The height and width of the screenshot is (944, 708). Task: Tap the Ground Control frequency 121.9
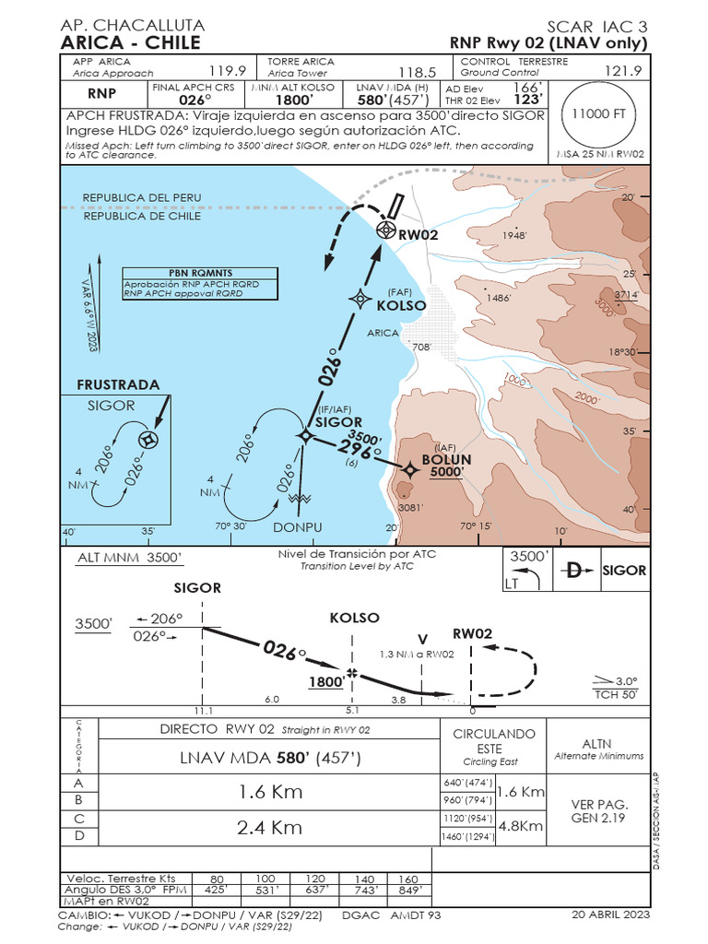click(622, 71)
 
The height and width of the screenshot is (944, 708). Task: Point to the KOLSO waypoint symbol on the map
click(360, 299)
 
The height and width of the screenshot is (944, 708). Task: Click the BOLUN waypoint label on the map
click(446, 459)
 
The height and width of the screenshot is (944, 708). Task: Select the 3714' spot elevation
click(627, 295)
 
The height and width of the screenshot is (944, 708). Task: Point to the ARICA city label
click(383, 334)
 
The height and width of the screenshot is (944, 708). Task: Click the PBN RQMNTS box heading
click(190, 273)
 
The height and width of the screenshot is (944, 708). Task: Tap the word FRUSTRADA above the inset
click(118, 384)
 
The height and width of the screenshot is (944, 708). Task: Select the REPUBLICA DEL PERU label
click(142, 198)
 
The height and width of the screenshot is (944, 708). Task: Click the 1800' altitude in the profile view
click(326, 683)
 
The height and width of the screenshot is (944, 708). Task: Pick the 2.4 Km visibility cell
click(269, 827)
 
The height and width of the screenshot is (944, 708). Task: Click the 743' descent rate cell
click(366, 891)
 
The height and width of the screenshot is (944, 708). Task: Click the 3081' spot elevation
click(410, 507)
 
